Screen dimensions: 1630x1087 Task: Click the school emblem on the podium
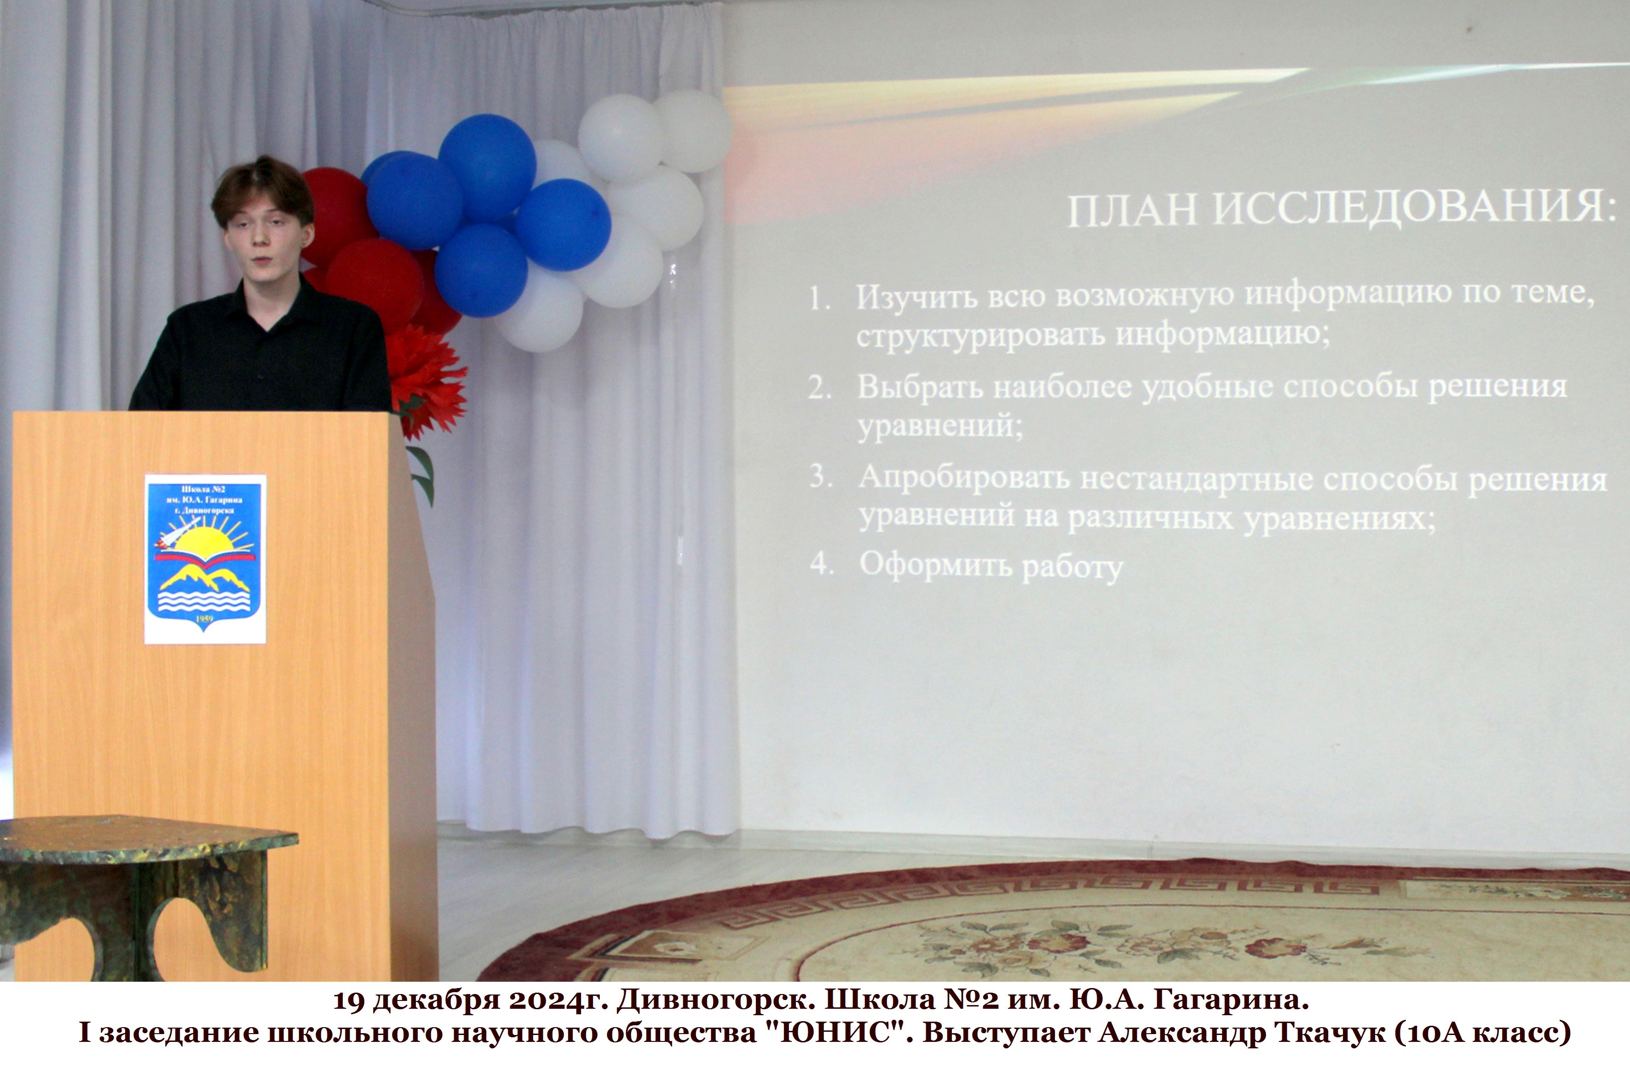(205, 559)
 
